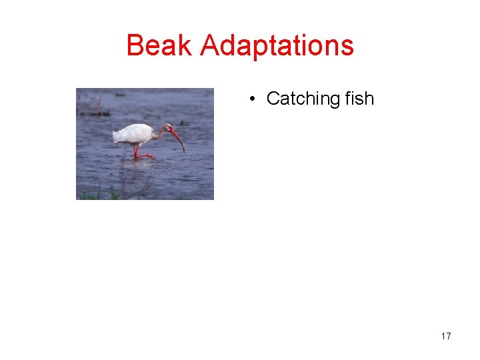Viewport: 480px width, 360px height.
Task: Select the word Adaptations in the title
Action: pos(277,46)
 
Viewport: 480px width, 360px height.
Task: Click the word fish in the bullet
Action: pos(359,99)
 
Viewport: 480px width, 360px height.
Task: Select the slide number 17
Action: pos(446,336)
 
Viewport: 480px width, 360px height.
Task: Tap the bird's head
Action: pos(166,127)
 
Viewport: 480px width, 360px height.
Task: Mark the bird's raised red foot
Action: pos(145,156)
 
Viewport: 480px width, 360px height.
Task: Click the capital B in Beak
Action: pos(135,46)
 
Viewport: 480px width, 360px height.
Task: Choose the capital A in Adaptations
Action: pos(209,46)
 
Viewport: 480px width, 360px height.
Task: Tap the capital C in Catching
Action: pos(273,99)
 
